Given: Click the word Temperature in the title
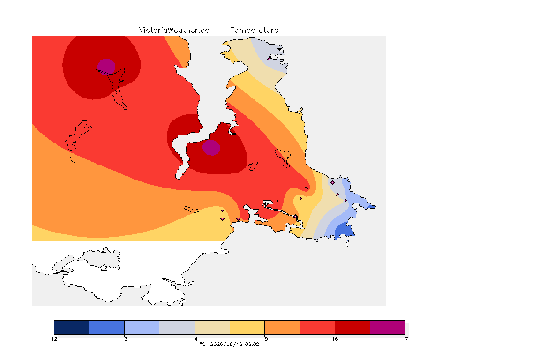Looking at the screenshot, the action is (x=254, y=30).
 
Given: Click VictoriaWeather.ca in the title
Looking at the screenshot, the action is (x=174, y=30).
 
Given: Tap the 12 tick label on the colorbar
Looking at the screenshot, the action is (x=54, y=339).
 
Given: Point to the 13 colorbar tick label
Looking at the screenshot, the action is (x=124, y=339).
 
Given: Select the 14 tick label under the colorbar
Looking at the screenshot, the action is (x=195, y=339).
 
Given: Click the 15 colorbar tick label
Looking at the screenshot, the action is (x=264, y=339).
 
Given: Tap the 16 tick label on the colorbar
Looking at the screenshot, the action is (x=335, y=339).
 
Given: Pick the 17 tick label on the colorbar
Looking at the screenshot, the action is (x=405, y=339).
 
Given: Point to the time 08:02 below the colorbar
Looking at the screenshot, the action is (x=252, y=344).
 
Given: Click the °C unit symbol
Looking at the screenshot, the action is (x=202, y=344).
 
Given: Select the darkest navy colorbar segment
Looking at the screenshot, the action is (x=72, y=327).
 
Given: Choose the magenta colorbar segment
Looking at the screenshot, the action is (x=388, y=327).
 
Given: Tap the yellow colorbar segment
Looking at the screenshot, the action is (x=247, y=327).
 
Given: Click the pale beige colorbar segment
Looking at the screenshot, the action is (x=212, y=327).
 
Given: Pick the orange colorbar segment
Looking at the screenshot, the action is (x=282, y=327).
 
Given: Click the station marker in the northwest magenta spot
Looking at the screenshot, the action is (x=108, y=69).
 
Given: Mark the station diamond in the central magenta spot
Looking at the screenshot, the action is (x=212, y=149).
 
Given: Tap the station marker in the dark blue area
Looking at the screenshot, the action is (x=341, y=231).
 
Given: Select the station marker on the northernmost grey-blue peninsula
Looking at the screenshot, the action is (x=270, y=59).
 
